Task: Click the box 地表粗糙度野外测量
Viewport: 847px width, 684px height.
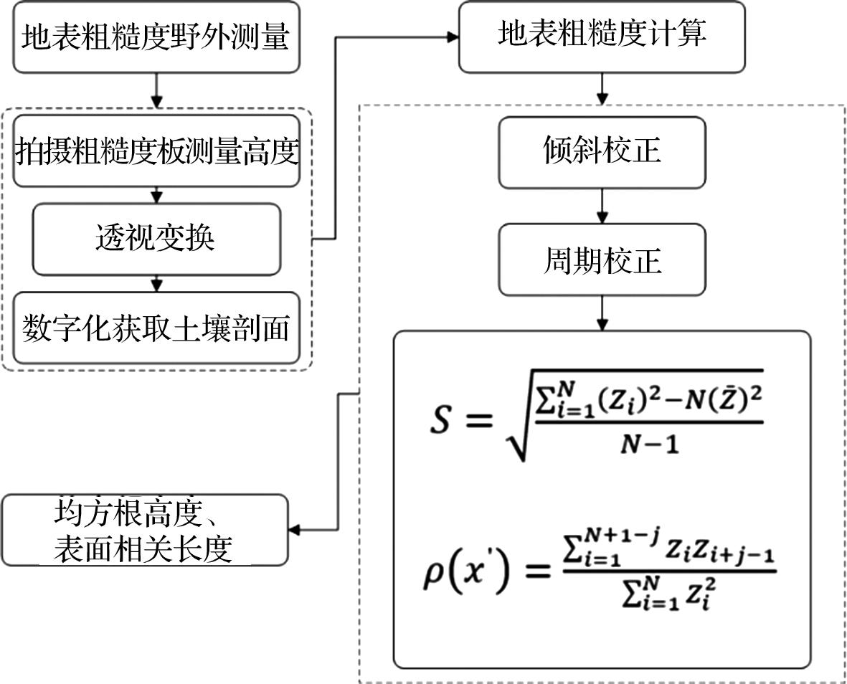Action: click(x=156, y=37)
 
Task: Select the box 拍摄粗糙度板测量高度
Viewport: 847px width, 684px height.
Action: click(x=156, y=151)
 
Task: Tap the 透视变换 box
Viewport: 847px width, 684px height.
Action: click(x=156, y=239)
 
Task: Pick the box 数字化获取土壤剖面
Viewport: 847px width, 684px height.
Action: click(x=156, y=328)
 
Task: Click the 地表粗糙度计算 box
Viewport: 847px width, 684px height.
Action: click(x=602, y=37)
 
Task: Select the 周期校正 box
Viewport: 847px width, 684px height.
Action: click(x=602, y=260)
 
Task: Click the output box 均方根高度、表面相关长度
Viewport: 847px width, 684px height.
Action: click(x=145, y=530)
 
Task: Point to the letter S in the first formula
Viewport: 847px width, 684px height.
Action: click(x=440, y=419)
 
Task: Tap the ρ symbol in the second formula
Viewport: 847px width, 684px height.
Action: click(x=432, y=576)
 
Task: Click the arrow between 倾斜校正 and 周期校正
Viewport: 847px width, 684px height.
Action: click(x=602, y=206)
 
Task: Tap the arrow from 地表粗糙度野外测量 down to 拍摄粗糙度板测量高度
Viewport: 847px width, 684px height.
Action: click(x=156, y=94)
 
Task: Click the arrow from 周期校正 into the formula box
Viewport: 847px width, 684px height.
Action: click(x=602, y=313)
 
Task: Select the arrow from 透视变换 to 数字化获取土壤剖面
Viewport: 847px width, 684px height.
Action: click(x=156, y=284)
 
